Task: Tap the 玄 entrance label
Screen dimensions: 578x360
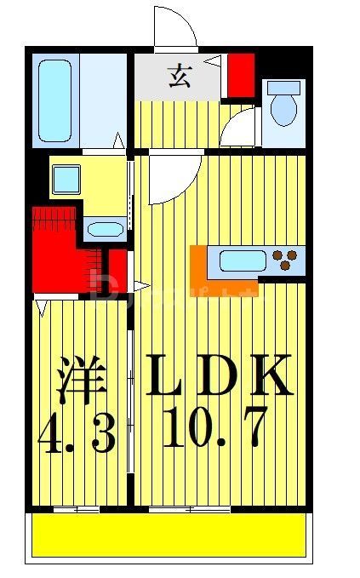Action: click(180, 77)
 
